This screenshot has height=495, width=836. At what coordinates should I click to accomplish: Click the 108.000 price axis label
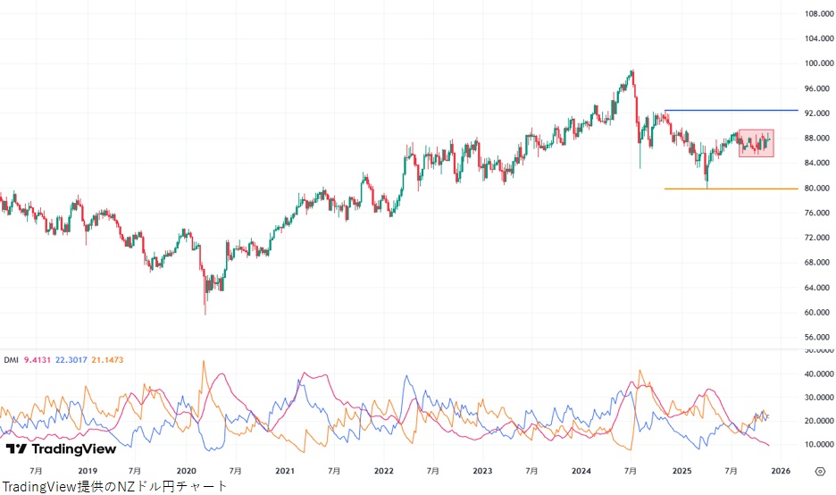tap(818, 13)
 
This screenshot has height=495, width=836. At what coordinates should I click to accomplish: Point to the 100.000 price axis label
tap(818, 63)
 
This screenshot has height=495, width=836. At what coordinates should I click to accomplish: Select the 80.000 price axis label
tap(818, 189)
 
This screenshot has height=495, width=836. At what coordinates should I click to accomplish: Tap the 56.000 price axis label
tap(818, 338)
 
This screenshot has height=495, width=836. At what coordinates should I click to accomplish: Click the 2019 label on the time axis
tap(88, 470)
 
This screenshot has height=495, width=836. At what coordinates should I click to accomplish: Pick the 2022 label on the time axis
tap(384, 470)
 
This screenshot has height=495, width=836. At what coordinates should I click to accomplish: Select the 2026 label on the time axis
tap(780, 470)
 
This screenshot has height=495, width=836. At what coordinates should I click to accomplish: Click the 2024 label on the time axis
tap(581, 470)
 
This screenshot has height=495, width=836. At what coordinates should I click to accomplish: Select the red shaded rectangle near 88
tap(756, 143)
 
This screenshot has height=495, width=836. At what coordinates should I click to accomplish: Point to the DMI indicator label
tap(11, 360)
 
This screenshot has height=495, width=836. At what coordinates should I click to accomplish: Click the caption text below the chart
tap(114, 486)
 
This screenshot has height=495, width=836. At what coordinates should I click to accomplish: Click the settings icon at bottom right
tap(819, 470)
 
